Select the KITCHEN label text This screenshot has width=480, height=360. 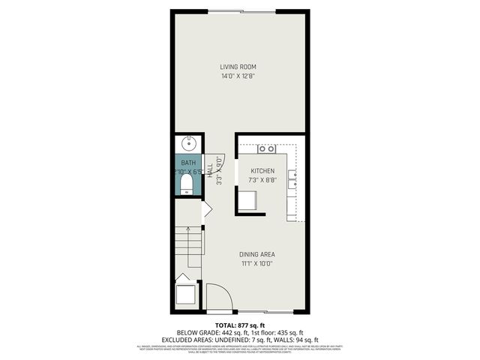coord(262,171)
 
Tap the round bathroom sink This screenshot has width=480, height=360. coord(187,142)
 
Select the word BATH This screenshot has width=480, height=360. coord(187,163)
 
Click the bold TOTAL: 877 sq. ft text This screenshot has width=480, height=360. coord(240,326)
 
